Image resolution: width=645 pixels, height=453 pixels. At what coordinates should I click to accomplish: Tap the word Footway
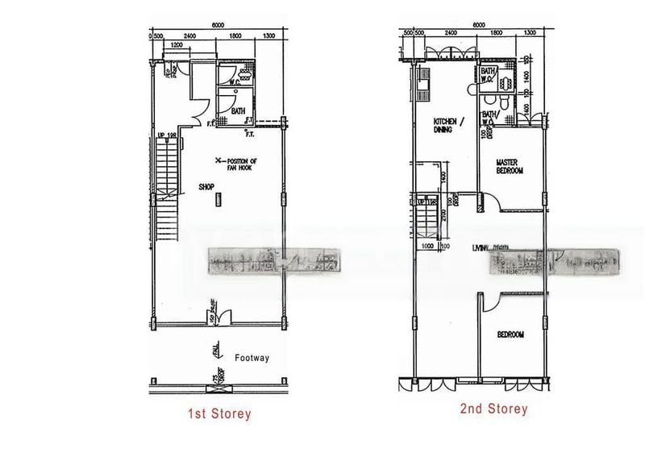click(252, 357)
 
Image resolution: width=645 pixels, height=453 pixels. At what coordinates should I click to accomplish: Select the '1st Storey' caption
click(220, 414)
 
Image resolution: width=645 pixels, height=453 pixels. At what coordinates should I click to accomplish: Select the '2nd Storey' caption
click(493, 409)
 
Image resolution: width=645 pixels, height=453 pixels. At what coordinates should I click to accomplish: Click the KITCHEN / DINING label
click(443, 124)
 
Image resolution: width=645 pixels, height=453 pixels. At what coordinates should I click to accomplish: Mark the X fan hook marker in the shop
click(217, 159)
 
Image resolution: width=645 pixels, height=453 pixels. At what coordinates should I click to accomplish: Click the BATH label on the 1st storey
click(239, 111)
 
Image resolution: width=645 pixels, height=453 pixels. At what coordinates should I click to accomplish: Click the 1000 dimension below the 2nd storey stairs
click(427, 247)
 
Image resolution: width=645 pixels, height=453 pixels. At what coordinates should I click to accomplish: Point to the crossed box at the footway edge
click(216, 389)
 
